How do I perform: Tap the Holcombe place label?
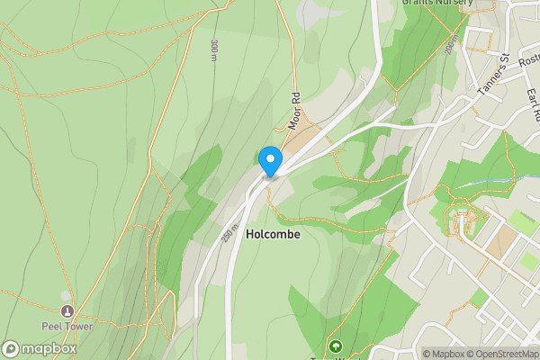pyautogui.click(x=271, y=233)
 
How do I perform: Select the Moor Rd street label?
pyautogui.click(x=293, y=108)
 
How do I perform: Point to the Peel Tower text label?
pyautogui.click(x=66, y=326)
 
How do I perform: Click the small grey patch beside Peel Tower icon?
pyautogui.click(x=66, y=295)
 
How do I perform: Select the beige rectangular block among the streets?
pyautogui.click(x=506, y=239)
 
